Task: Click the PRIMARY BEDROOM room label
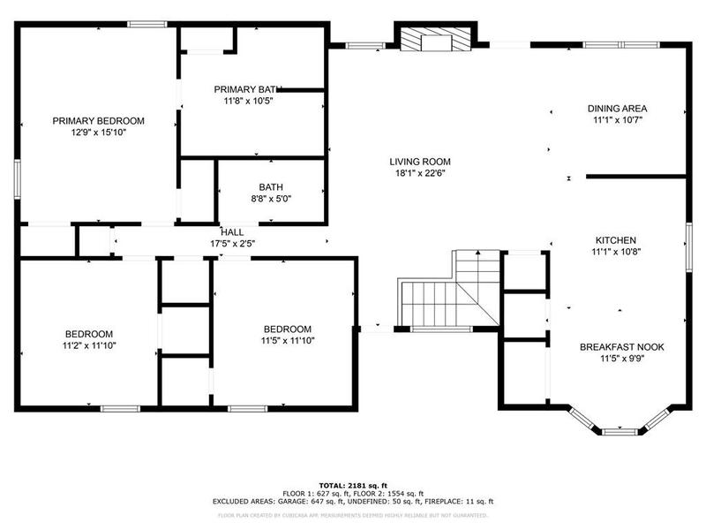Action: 98,121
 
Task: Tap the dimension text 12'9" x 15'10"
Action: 98,132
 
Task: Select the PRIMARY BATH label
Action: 248,89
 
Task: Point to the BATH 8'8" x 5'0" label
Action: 270,193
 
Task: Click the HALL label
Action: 232,231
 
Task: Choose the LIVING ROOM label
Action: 420,162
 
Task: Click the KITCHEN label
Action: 616,239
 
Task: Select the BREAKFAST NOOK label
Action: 622,347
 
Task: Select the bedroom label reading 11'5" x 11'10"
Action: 288,334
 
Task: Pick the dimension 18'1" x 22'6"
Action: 420,173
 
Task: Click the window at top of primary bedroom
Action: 147,24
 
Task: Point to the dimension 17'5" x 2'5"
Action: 232,243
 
